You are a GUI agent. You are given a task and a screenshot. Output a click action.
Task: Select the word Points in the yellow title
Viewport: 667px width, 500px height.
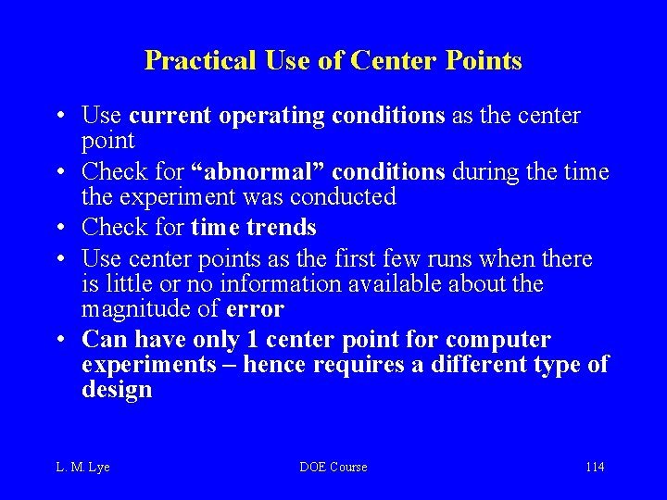[483, 61]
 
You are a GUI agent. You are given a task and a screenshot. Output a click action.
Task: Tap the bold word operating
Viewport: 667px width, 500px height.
[268, 117]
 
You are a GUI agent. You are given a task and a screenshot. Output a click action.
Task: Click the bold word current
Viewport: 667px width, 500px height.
[169, 117]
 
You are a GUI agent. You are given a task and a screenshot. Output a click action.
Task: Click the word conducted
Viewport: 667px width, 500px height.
[343, 197]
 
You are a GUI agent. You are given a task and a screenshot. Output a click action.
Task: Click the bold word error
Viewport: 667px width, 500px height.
[255, 309]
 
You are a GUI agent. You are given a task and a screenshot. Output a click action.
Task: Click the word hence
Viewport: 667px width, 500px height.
[278, 365]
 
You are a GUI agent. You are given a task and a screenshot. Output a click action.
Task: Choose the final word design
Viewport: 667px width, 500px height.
[117, 390]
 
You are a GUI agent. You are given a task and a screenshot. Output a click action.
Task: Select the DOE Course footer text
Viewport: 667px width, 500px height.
[333, 467]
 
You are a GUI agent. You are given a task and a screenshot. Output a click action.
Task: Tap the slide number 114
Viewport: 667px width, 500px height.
[595, 467]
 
